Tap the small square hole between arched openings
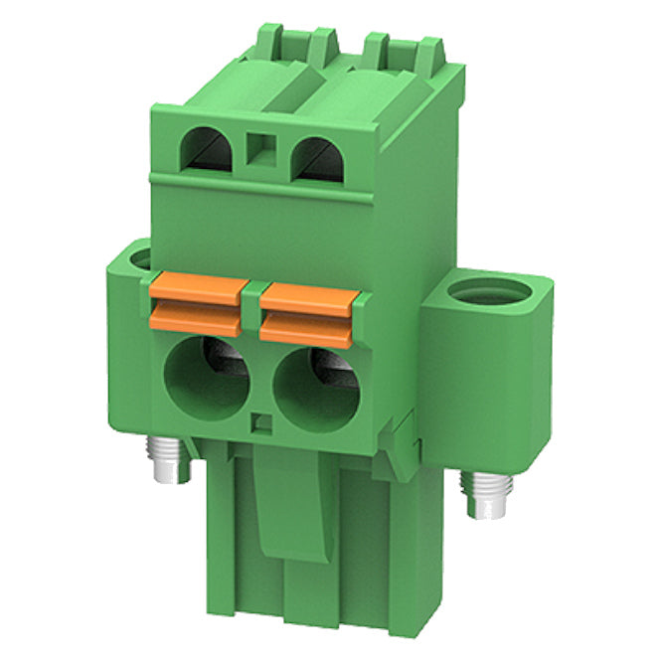pyautogui.click(x=261, y=148)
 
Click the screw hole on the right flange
pyautogui.click(x=486, y=294)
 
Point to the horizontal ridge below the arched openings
pyautogui.click(x=260, y=186)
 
